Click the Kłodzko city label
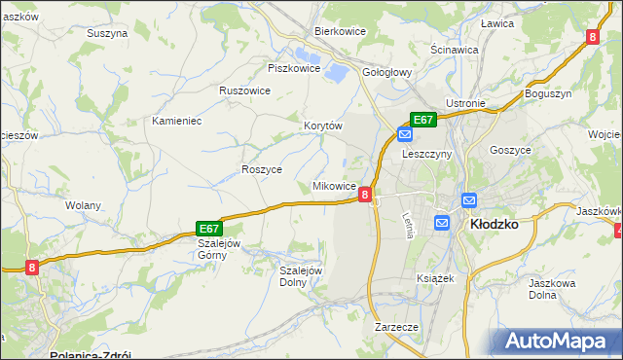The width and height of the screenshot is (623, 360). click(494, 223)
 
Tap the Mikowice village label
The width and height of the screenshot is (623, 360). click(333, 185)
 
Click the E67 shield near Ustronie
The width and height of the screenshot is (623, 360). click(422, 120)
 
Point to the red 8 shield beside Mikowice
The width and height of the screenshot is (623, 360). click(364, 196)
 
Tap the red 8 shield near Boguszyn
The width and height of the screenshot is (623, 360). click(592, 37)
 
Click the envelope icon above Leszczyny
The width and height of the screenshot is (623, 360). click(404, 135)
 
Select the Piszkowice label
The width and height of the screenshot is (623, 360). click(293, 68)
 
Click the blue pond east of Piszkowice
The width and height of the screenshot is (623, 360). click(337, 71)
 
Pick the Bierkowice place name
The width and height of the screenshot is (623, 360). click(339, 31)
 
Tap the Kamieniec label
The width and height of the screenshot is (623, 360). click(176, 121)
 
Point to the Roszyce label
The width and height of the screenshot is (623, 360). click(261, 168)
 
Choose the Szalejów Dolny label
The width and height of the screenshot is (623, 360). click(300, 276)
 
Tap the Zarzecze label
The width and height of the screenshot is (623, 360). click(396, 327)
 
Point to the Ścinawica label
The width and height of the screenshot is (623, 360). click(454, 49)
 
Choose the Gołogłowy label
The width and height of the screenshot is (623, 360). click(388, 71)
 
